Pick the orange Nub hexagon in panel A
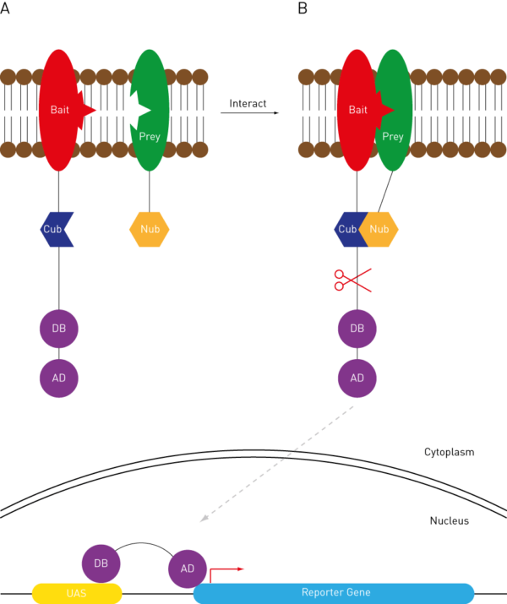pos(150,229)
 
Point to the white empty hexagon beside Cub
pos(86,229)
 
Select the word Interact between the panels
pos(248,103)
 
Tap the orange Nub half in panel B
pos(380,229)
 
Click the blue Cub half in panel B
pos(346,229)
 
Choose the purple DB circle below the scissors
pos(357,329)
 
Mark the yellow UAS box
pos(77,593)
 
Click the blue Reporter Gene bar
pos(335,593)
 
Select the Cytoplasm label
pos(449,452)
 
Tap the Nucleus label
pos(449,520)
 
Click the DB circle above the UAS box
pos(101,563)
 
